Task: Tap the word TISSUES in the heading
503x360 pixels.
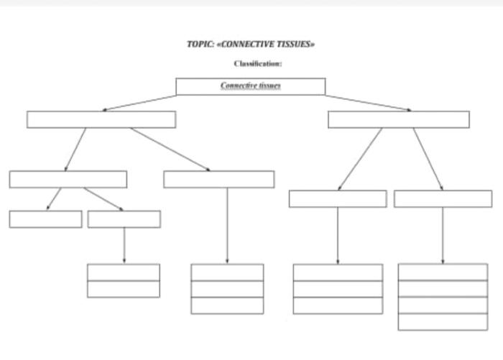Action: click(295, 44)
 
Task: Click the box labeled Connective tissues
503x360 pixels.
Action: click(250, 86)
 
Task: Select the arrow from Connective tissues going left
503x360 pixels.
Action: click(139, 103)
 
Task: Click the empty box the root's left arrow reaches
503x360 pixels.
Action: click(101, 119)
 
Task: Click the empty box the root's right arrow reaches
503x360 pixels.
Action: click(398, 119)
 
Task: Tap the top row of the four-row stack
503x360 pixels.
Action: click(443, 272)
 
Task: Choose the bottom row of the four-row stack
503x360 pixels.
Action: click(443, 322)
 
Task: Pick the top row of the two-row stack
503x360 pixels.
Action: click(124, 272)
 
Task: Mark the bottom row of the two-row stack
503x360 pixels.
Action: click(124, 289)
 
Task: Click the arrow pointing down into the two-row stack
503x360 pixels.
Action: click(124, 245)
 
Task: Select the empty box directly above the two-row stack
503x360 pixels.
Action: click(124, 219)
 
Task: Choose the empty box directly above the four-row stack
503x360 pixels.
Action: click(443, 199)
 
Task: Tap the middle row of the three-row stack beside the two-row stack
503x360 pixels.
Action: click(227, 289)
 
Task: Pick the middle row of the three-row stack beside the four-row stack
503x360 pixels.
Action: click(338, 289)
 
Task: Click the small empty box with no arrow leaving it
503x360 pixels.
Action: click(45, 219)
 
